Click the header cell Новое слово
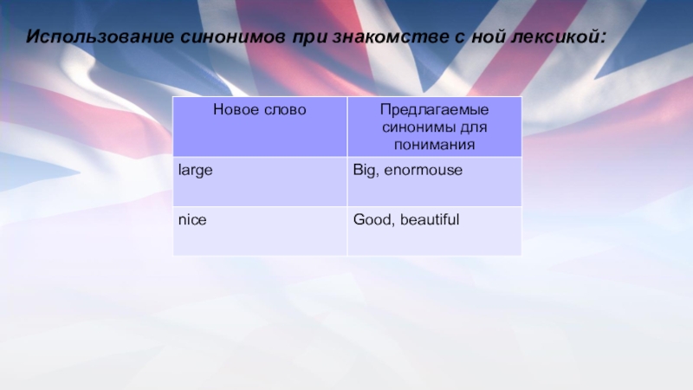(x=260, y=110)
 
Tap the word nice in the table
(x=191, y=220)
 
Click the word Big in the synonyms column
(x=363, y=171)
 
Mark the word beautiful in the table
(x=430, y=220)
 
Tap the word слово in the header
(x=284, y=110)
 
